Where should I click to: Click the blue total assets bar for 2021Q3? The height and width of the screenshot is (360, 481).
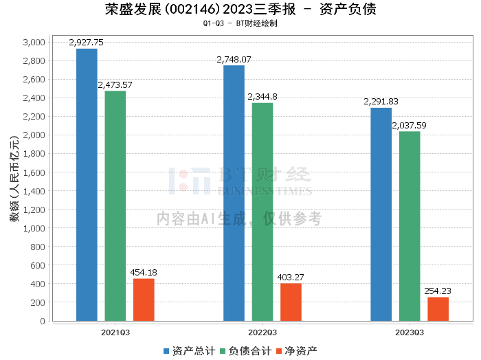87,185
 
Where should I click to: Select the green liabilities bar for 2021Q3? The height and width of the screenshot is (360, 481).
115,206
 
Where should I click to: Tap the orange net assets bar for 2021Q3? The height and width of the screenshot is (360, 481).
144,300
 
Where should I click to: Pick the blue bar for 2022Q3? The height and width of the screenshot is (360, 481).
234,193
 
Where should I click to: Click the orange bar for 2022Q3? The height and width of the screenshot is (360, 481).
291,302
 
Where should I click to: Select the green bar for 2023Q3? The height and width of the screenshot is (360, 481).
410,226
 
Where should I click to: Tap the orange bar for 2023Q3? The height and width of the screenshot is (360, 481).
438,308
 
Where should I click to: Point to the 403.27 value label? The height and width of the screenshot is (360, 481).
291,277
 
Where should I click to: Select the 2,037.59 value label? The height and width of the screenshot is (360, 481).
410,125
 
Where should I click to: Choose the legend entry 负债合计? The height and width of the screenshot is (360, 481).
243,350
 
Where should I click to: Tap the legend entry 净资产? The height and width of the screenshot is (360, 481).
296,350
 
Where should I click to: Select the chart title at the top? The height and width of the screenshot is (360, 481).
240,10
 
